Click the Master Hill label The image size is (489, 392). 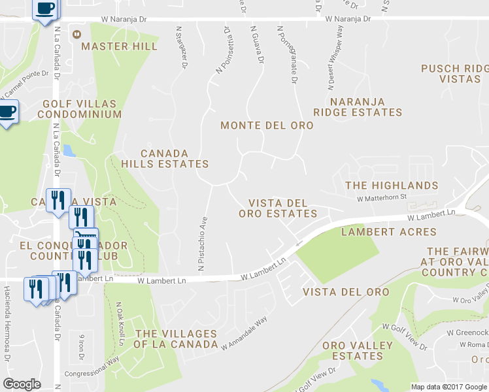119,46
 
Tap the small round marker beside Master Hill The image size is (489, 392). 77,33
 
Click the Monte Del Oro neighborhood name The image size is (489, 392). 263,125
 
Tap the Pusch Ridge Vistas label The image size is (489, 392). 455,73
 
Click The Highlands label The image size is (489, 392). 391,186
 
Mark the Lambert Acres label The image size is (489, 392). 388,232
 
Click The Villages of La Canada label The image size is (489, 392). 175,339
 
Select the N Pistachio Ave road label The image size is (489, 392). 203,243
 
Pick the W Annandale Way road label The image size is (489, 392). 244,333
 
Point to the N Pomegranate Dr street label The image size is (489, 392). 287,55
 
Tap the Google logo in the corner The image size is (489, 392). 22,384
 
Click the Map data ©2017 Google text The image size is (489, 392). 448,387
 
